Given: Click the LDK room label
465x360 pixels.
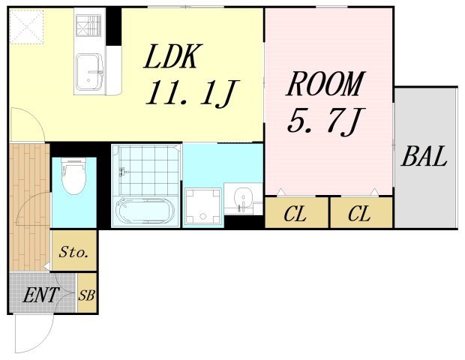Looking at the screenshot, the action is click(x=173, y=56).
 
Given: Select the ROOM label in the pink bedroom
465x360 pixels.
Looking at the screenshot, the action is click(x=325, y=83).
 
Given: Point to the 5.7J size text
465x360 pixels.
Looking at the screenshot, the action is click(x=325, y=121).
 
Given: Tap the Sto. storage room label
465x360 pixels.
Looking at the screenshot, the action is click(x=73, y=252).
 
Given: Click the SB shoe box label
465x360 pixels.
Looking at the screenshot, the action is click(x=86, y=295).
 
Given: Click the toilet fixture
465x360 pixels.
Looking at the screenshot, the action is click(x=74, y=176).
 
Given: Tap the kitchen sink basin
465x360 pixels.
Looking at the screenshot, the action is click(x=90, y=71).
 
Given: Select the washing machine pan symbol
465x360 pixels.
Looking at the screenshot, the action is click(x=202, y=206).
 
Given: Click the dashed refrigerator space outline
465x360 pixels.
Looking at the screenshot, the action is click(x=26, y=27).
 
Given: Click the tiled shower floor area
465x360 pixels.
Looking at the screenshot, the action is click(x=149, y=169).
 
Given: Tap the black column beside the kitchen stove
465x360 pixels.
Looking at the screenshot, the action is click(x=113, y=26).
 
